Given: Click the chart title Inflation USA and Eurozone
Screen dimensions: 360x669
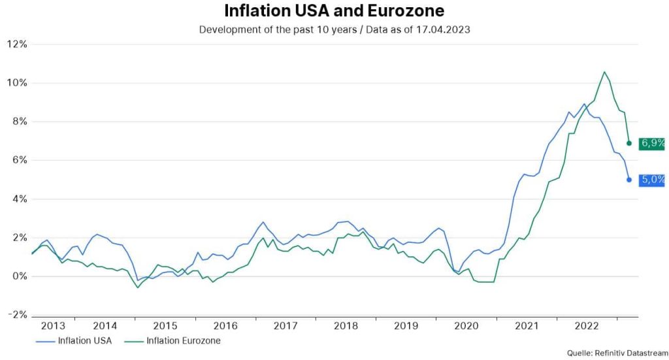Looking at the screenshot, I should point(334,11).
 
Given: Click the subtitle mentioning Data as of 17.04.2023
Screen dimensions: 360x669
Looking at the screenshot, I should point(334,29).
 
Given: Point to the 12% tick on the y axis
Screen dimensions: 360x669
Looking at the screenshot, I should point(16,44).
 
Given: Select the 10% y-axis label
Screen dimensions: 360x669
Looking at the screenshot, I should point(16,83).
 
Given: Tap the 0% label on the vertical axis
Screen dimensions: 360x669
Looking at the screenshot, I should point(19,276).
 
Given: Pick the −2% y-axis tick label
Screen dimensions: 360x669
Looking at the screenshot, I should point(16,315).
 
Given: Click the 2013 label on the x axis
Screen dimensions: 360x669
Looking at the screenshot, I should point(54,325).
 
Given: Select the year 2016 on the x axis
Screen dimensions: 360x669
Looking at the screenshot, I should point(225,325).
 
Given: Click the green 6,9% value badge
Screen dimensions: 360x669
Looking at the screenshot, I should point(653,143).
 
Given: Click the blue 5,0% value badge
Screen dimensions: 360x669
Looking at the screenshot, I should point(653,179).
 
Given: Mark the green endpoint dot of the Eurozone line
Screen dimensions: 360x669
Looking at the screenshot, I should point(629,143).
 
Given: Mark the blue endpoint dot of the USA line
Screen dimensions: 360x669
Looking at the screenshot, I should point(629,180).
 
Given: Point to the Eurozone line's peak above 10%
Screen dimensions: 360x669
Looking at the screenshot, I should point(604,72).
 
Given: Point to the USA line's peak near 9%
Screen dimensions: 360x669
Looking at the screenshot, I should point(584,104).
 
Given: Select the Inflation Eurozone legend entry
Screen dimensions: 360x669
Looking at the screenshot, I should point(174,340).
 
